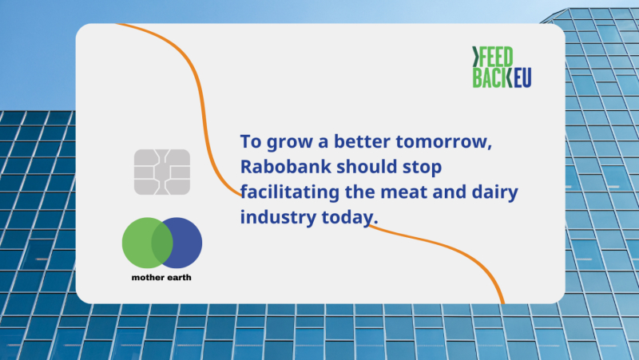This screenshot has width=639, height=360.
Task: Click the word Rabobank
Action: pos(285,167)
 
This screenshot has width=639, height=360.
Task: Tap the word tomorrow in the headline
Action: pos(443,142)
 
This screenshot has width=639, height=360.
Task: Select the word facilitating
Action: pos(289,192)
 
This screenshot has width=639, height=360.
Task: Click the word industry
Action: pos(277,216)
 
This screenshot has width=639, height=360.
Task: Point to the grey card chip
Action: pos(162,172)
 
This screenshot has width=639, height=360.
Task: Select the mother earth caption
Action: pos(161,277)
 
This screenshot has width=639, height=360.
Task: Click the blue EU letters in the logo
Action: pos(522,77)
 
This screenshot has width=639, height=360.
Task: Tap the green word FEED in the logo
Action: pos(495,57)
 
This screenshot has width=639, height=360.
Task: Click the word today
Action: pos(350,216)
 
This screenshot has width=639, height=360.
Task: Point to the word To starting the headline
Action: pos(251,142)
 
